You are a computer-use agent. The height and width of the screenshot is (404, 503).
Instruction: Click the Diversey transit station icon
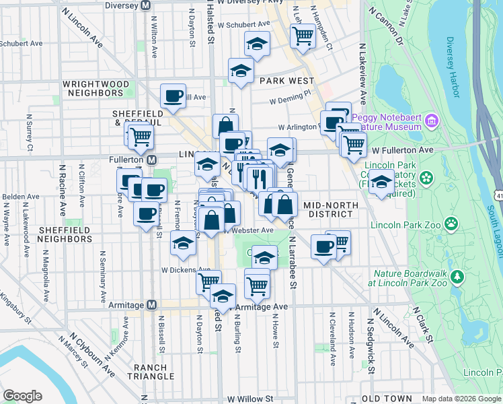(145, 5)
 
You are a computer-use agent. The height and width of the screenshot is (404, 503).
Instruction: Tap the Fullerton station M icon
(152, 160)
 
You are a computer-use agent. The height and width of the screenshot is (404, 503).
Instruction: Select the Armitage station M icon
(152, 304)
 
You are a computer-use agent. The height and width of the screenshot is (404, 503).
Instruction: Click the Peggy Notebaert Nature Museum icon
(432, 122)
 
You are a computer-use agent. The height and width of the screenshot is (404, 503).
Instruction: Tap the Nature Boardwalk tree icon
(457, 277)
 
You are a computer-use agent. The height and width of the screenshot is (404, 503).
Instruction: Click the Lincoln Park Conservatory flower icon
(425, 178)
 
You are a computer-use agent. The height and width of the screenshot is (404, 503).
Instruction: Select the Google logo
(22, 396)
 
